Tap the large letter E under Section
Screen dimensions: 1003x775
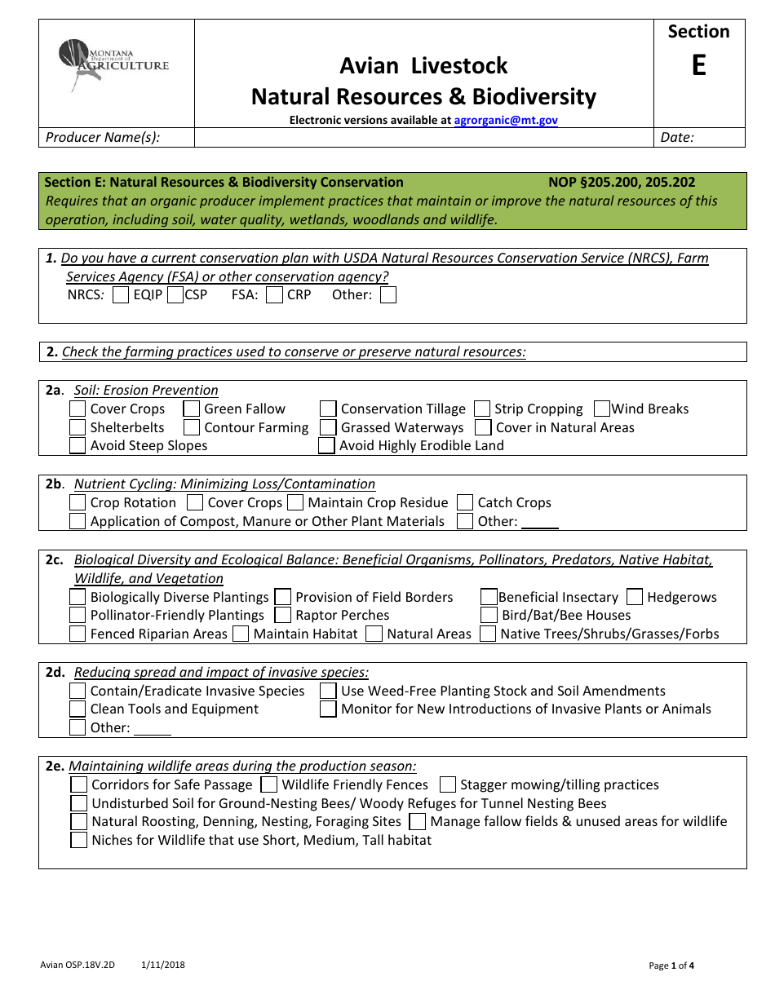point(698,66)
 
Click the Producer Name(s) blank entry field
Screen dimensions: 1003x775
point(424,138)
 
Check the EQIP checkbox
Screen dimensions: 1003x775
point(121,295)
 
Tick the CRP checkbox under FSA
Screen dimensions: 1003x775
point(275,295)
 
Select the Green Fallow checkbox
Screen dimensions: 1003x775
point(192,409)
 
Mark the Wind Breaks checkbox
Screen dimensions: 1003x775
point(602,409)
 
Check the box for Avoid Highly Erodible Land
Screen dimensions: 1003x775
point(326,445)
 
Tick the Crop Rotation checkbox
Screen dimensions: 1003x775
point(77,502)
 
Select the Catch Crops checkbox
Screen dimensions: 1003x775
point(465,502)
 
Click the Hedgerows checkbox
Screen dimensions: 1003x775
point(635,597)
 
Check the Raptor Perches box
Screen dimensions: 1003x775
point(283,615)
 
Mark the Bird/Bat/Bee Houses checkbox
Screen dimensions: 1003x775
point(489,615)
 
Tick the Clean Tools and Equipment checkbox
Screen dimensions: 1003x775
point(77,709)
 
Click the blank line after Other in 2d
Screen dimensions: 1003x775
point(153,728)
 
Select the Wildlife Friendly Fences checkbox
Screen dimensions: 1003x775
point(269,784)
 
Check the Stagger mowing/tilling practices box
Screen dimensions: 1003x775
point(447,784)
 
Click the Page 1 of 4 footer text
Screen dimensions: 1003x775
point(671,965)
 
